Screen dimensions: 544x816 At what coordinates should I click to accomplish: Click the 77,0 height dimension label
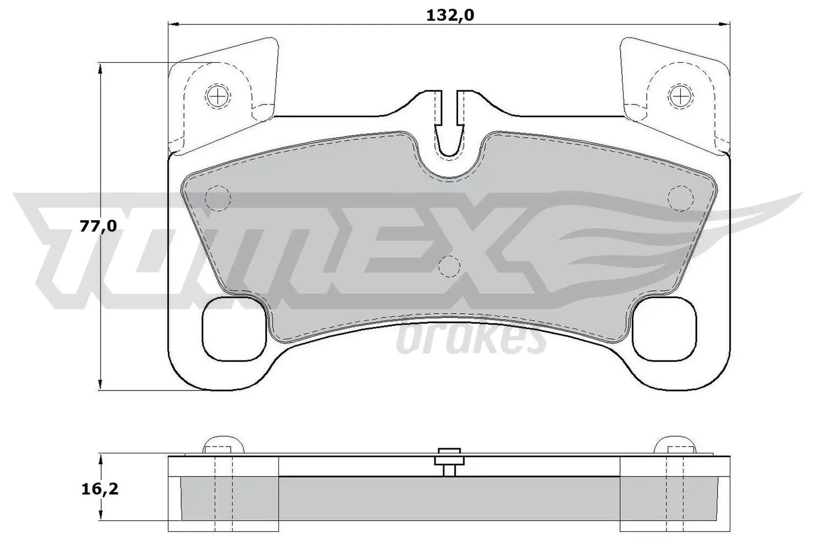[98, 226]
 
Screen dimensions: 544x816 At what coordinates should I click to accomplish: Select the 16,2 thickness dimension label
[99, 489]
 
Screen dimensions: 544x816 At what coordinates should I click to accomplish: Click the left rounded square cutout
[234, 328]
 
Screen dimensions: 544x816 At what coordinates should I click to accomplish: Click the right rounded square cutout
[664, 328]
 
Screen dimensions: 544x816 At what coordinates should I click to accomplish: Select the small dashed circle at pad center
[449, 265]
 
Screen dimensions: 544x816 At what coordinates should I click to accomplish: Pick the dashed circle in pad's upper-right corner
[681, 198]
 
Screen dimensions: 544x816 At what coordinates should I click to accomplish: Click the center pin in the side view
[449, 461]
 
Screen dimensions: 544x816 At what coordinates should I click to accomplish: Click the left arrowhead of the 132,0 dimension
[173, 24]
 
